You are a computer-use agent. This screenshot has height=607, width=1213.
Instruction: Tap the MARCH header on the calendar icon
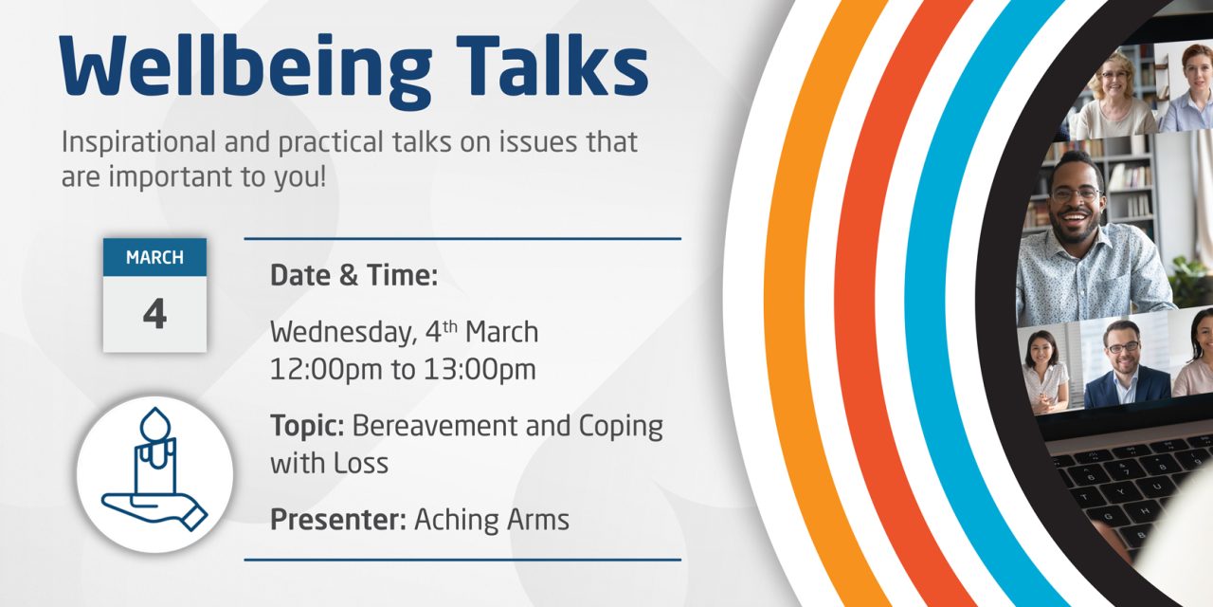[154, 258]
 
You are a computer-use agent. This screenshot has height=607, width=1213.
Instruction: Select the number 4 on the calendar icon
[154, 314]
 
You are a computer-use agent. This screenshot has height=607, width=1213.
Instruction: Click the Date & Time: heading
[353, 276]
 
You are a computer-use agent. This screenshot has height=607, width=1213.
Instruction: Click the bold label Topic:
[307, 426]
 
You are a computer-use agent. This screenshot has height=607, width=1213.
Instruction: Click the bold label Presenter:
[338, 520]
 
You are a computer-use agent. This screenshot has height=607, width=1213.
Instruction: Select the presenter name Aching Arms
[492, 520]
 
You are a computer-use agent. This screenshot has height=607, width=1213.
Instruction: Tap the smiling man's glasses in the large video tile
[1075, 193]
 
